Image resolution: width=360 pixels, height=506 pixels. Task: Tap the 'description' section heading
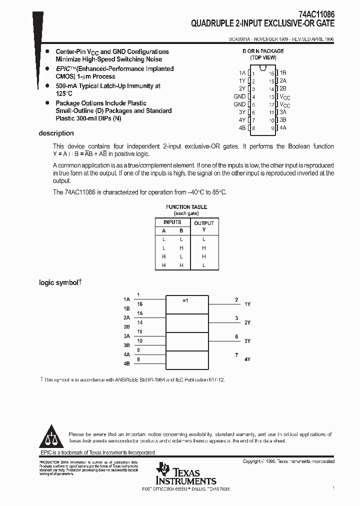[x=56, y=133]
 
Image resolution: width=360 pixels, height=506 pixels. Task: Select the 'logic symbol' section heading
[x=59, y=282]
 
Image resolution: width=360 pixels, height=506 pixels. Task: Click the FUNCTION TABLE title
[x=186, y=207]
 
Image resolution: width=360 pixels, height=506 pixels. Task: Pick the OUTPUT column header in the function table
[x=203, y=223]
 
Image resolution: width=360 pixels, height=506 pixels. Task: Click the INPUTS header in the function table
[x=172, y=222]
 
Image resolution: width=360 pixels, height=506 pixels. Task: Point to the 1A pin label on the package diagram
[x=242, y=72]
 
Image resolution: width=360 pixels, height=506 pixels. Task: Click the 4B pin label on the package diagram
[x=242, y=128]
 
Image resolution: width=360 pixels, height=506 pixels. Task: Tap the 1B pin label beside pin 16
[x=283, y=72]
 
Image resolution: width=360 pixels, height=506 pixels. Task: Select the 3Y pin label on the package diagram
[x=242, y=112]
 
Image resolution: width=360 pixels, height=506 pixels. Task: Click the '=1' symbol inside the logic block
[x=185, y=300]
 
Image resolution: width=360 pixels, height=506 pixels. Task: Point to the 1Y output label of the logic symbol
[x=247, y=304]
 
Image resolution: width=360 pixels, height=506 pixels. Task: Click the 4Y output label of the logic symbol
[x=247, y=359]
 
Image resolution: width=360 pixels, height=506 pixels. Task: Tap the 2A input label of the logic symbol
[x=126, y=317]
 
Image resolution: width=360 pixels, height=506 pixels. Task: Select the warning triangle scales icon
[x=51, y=438]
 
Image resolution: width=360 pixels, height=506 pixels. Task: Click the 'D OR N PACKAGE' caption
[x=263, y=51]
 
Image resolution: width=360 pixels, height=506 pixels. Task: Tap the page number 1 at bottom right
[x=333, y=487]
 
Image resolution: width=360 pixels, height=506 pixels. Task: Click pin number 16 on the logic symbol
[x=139, y=304]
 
